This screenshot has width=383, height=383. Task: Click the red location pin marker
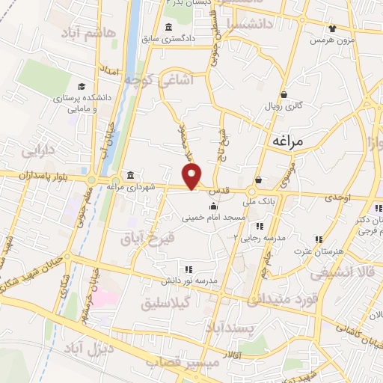click(x=193, y=177)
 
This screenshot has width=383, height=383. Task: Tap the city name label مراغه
click(x=286, y=140)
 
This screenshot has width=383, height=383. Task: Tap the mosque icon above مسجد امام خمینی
click(x=215, y=206)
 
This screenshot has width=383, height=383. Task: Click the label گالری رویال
click(x=284, y=106)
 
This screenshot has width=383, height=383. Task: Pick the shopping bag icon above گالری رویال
click(x=284, y=95)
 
